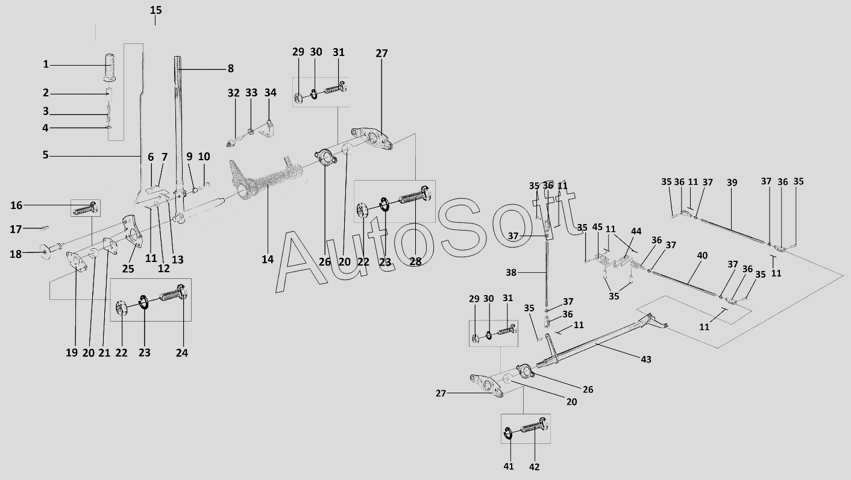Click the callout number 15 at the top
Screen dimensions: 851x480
point(155,10)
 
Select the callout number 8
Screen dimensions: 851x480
point(231,69)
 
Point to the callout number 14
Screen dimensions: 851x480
point(268,260)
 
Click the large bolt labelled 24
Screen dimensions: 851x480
point(172,293)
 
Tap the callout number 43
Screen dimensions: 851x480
point(646,359)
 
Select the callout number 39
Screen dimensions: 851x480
point(732,182)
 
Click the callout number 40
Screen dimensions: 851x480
point(702,255)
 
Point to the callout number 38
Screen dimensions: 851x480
point(511,273)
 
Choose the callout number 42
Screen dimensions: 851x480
point(534,467)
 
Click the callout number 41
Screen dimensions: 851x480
point(508,467)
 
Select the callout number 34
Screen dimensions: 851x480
point(270,93)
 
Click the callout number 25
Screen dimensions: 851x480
point(128,269)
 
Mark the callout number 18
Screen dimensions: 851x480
point(16,254)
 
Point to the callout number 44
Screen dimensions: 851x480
point(636,231)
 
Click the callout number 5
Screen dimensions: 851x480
point(46,155)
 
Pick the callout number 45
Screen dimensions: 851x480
point(597,227)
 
